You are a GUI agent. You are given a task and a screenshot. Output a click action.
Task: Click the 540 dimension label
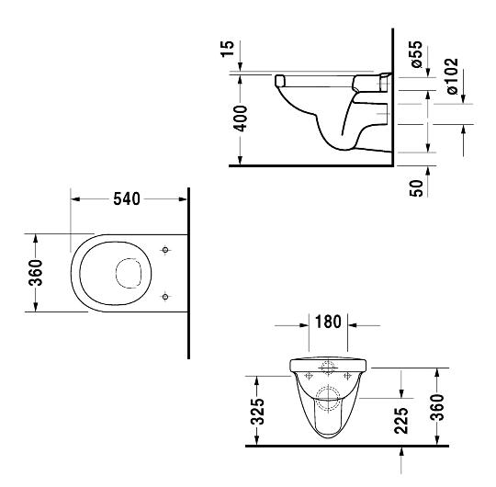point(127,199)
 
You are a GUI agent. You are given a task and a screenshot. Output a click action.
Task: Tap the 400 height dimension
point(240,119)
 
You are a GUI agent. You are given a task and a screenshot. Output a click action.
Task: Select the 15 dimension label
point(228,49)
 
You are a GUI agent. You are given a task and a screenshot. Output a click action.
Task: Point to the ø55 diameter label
point(417,54)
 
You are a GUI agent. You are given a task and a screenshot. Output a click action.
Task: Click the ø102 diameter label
point(452,76)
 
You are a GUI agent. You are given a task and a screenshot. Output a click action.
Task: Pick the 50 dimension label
point(416,188)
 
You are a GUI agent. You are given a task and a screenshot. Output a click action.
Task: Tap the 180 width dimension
point(328,322)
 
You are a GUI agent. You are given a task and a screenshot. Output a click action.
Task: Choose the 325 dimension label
point(257,411)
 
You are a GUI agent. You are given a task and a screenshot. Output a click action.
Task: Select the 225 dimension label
point(401,420)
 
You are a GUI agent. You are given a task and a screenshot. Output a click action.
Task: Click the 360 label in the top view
point(36,273)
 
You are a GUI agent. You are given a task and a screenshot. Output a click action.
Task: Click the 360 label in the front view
point(437,407)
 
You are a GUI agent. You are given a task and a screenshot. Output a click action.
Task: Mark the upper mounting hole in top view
point(164,250)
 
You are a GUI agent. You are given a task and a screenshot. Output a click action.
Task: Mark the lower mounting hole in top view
point(164,297)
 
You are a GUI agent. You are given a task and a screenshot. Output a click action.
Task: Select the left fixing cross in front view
point(309,376)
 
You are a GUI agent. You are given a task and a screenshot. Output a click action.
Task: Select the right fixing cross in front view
point(347,376)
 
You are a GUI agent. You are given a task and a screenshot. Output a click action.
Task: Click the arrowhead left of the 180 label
point(304,325)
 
